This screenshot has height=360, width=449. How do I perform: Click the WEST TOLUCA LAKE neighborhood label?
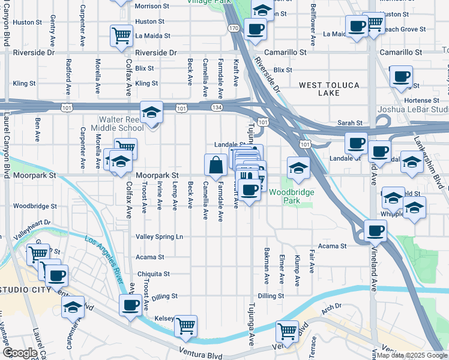(328, 89)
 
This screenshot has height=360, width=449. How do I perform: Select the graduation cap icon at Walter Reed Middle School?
(152, 112)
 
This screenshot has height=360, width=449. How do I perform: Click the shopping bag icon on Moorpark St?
(215, 164)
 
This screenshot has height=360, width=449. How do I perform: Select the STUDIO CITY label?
(26, 291)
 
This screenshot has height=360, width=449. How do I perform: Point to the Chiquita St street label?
(154, 274)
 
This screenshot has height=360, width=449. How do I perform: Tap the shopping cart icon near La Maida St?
(121, 35)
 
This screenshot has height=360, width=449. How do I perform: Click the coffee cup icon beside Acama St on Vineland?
(376, 230)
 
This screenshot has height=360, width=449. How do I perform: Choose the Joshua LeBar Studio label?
(412, 110)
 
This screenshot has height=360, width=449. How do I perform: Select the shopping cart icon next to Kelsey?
(185, 326)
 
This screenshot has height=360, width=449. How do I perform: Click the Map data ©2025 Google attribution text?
(412, 355)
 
